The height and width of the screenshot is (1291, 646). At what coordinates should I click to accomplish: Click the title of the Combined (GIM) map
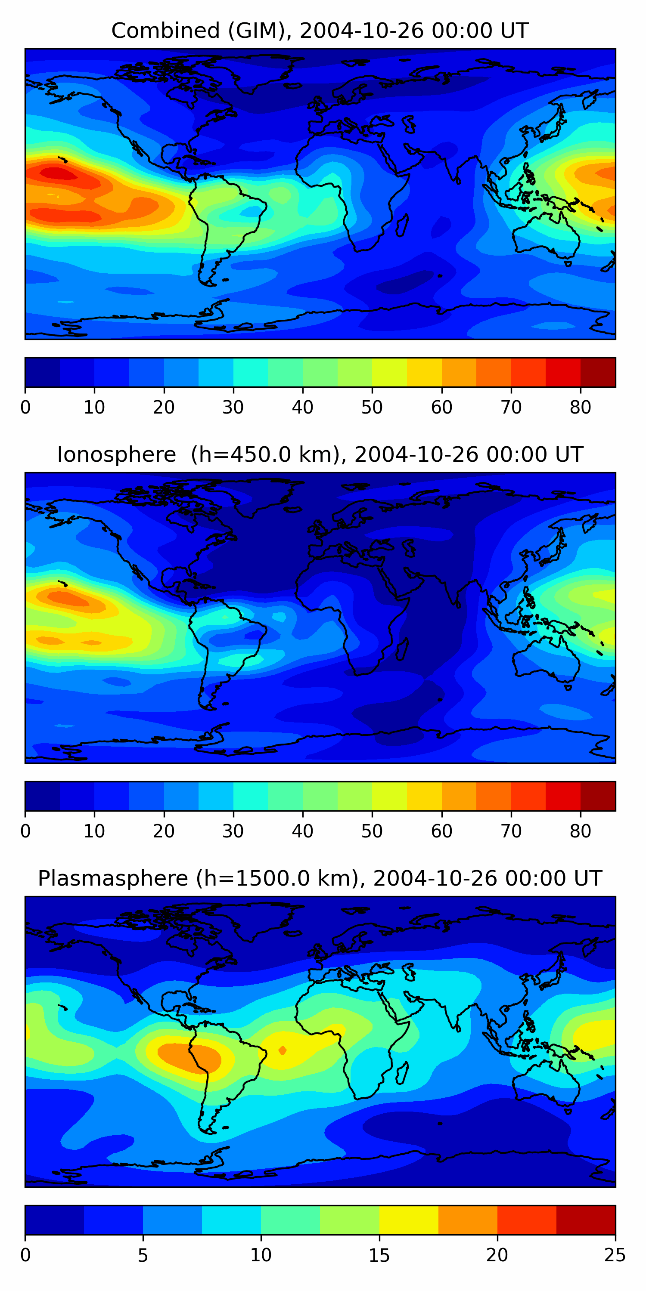(320, 31)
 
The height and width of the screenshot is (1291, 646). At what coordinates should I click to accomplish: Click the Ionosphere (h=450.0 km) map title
(320, 454)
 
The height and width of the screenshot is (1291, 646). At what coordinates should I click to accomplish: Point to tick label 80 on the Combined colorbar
(580, 408)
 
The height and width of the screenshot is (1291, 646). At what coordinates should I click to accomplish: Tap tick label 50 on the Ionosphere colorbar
(372, 831)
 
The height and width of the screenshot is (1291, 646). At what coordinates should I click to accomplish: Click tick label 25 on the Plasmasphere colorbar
(615, 1255)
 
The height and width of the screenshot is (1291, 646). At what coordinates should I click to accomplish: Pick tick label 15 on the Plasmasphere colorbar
(379, 1255)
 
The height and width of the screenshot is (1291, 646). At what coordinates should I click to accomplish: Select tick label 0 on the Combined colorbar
(25, 408)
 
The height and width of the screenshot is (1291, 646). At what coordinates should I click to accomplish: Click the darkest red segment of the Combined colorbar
(598, 372)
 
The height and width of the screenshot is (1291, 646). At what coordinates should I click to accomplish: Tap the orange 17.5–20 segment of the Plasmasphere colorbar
(468, 1220)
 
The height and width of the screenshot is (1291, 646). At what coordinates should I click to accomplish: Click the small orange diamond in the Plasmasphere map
(283, 1050)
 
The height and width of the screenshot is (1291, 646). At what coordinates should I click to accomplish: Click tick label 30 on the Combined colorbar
(233, 408)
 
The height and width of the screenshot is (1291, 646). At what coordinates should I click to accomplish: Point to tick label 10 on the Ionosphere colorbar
(94, 831)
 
